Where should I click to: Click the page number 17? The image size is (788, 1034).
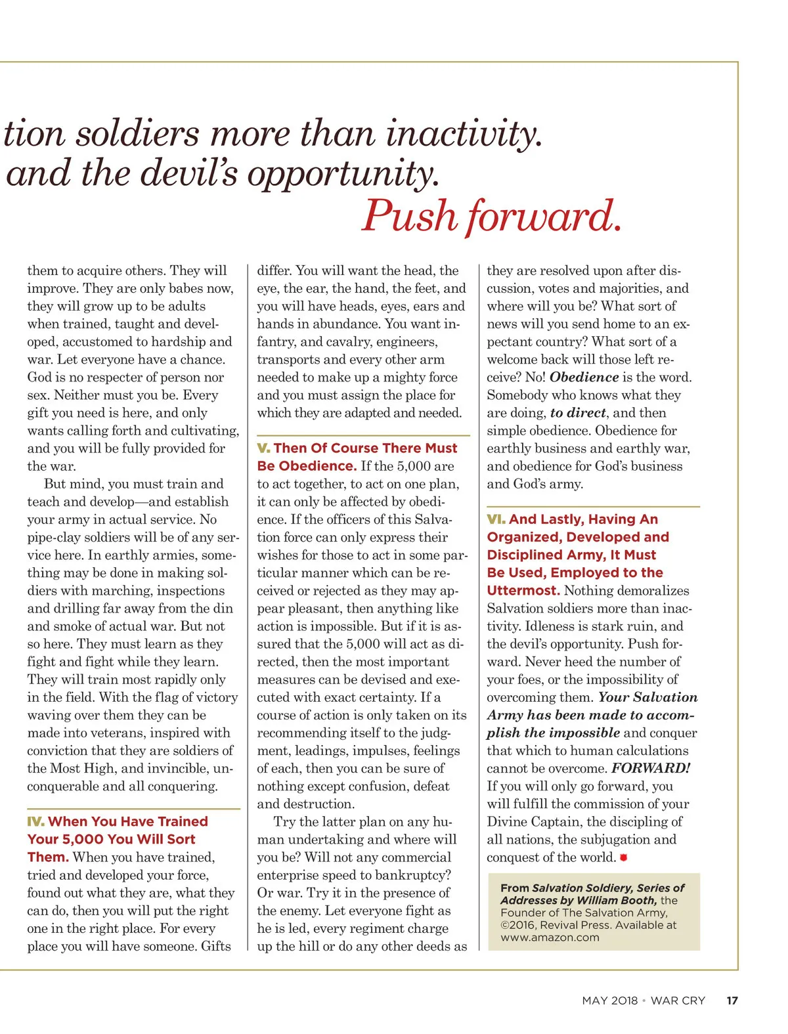[x=732, y=1001]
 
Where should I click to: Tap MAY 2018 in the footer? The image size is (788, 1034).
[x=609, y=1001]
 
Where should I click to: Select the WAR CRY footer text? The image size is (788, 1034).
[x=678, y=1001]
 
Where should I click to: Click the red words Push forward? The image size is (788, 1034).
[x=491, y=216]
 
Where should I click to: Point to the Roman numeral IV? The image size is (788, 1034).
[x=35, y=821]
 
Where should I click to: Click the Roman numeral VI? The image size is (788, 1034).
[x=496, y=519]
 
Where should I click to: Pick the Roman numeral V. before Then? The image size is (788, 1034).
[x=263, y=448]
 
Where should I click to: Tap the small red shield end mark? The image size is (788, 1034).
[x=623, y=857]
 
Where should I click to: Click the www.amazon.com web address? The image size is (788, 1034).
[x=550, y=937]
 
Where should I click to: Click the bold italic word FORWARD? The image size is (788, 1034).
[x=651, y=768]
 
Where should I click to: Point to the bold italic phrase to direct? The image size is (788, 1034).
[x=578, y=413]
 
